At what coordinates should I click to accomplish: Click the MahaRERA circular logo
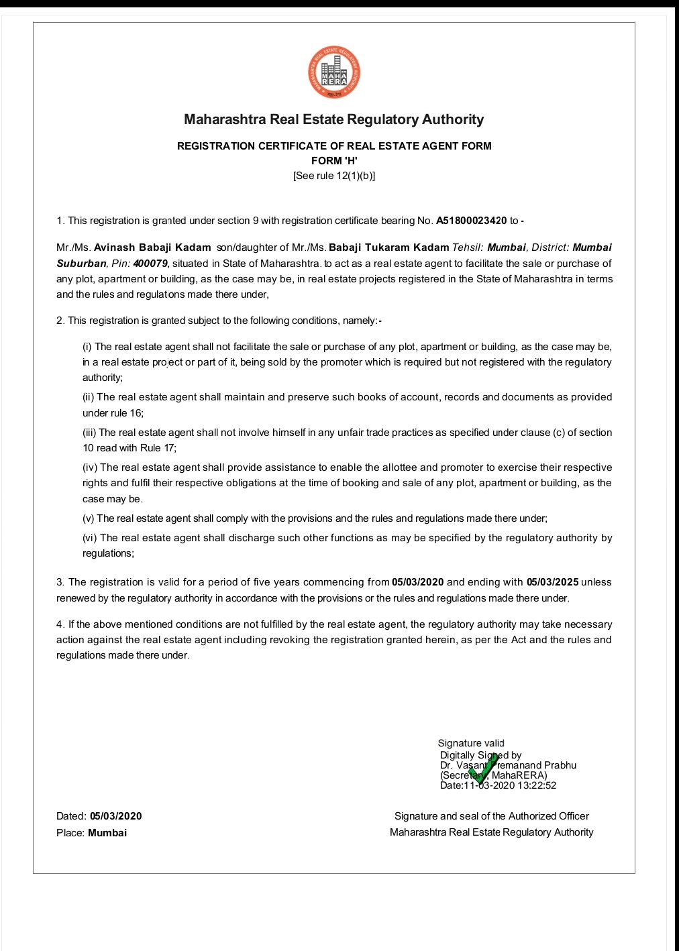(334, 72)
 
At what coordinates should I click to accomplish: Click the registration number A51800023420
(471, 221)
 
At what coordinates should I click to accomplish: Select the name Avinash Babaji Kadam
(152, 247)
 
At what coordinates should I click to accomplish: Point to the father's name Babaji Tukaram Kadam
(388, 247)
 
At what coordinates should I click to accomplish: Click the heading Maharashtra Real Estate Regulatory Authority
(333, 119)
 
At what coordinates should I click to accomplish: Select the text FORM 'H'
(334, 161)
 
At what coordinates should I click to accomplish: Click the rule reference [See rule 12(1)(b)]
(334, 176)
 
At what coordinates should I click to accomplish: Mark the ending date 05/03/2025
(552, 582)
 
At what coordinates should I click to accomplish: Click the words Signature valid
(471, 743)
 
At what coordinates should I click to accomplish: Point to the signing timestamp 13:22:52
(537, 785)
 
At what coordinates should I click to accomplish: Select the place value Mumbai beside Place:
(107, 833)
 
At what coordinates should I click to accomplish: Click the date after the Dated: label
(116, 816)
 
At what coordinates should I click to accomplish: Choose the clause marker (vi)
(90, 538)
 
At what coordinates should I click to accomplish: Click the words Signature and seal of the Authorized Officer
(491, 816)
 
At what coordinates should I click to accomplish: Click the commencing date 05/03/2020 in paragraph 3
(417, 582)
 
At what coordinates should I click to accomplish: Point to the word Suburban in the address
(81, 264)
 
